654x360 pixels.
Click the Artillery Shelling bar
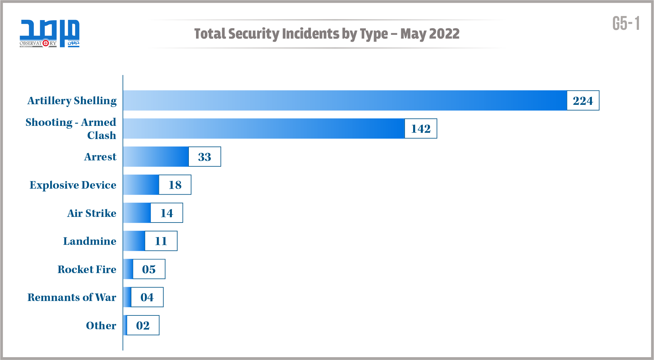pyautogui.click(x=345, y=100)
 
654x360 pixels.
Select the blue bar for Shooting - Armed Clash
pyautogui.click(x=263, y=128)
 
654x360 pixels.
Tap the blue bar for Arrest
pyautogui.click(x=156, y=157)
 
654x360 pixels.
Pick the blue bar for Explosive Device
pyautogui.click(x=141, y=185)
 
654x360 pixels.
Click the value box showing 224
pyautogui.click(x=583, y=100)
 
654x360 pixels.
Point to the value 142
pyautogui.click(x=421, y=128)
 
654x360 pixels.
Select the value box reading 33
pyautogui.click(x=205, y=157)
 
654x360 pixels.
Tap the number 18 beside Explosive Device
pyautogui.click(x=175, y=185)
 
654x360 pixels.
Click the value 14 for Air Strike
pyautogui.click(x=167, y=213)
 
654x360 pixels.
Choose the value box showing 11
pyautogui.click(x=161, y=241)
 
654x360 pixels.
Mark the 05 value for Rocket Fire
pyautogui.click(x=149, y=269)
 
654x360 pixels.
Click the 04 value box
pyautogui.click(x=147, y=297)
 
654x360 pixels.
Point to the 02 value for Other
pyautogui.click(x=143, y=325)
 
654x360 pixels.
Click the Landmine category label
pyautogui.click(x=90, y=241)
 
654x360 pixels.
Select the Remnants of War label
pyautogui.click(x=72, y=297)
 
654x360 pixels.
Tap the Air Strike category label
pyautogui.click(x=92, y=213)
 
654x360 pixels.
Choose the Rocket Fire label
pyautogui.click(x=87, y=269)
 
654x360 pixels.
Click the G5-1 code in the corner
pyautogui.click(x=626, y=24)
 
